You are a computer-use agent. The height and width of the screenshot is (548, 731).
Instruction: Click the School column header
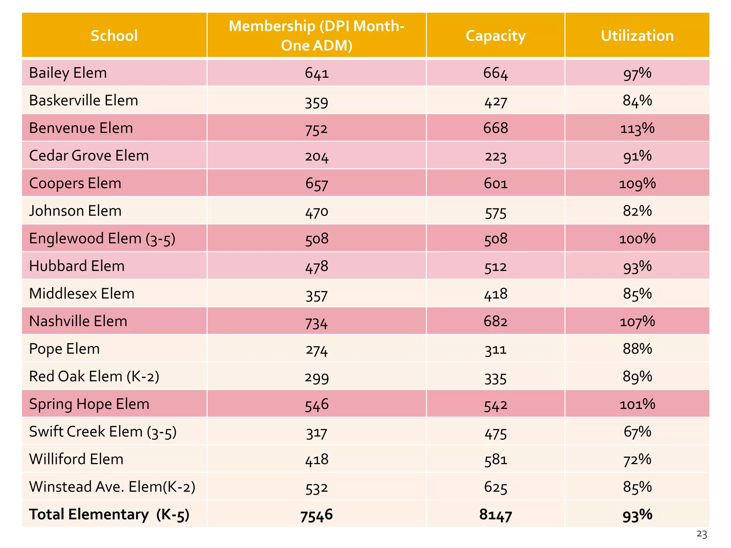click(114, 36)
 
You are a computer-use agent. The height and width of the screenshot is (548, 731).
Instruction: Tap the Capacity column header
click(495, 36)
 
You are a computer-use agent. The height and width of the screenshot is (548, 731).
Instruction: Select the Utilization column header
click(637, 36)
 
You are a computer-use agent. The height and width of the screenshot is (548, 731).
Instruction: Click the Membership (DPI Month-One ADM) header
click(317, 36)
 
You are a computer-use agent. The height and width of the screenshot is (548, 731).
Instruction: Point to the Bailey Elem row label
click(68, 73)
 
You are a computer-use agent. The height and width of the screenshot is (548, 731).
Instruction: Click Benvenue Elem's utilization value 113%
click(637, 128)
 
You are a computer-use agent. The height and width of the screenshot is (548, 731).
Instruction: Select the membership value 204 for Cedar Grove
click(317, 156)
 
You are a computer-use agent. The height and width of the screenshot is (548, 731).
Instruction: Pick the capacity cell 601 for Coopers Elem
click(495, 183)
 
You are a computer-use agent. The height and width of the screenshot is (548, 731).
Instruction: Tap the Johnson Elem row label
click(75, 211)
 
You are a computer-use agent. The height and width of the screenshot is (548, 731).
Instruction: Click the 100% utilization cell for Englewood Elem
click(637, 238)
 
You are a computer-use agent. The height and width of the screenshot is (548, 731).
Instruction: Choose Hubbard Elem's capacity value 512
click(495, 266)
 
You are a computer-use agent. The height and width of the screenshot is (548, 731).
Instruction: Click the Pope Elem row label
click(64, 349)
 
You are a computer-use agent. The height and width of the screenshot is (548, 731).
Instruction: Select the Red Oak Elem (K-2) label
click(94, 376)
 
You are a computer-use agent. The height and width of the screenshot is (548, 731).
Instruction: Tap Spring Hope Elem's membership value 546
click(317, 404)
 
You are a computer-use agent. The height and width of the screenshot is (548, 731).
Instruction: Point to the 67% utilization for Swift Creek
click(637, 432)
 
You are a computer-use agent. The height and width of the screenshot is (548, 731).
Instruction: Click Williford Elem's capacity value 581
click(495, 459)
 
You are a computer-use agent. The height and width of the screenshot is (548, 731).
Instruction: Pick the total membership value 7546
click(317, 515)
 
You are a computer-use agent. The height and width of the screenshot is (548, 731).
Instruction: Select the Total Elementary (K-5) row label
click(109, 514)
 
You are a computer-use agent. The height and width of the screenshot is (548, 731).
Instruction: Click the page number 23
click(701, 534)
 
